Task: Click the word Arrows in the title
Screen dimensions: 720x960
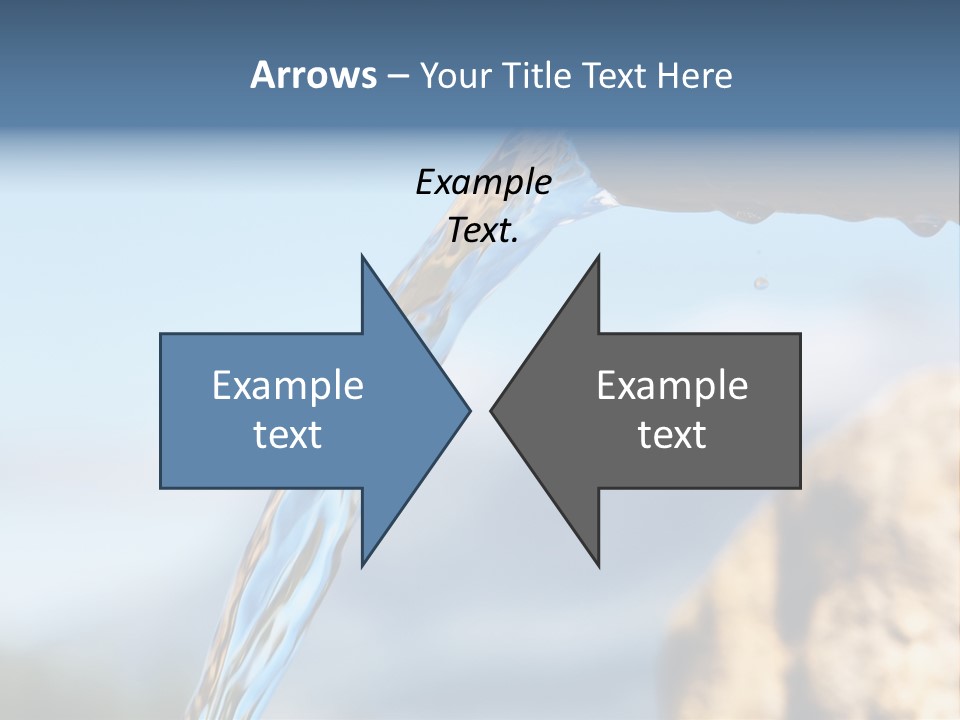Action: (313, 75)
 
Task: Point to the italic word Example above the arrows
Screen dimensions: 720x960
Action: (483, 182)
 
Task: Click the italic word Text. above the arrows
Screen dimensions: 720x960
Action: (483, 231)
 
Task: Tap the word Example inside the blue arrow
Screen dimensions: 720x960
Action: (287, 385)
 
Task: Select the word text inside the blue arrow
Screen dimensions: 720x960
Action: (287, 435)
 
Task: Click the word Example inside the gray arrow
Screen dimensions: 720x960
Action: (672, 385)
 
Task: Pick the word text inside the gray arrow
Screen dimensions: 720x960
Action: (672, 435)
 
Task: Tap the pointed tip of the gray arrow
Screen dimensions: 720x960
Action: (492, 410)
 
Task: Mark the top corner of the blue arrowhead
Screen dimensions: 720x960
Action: (362, 256)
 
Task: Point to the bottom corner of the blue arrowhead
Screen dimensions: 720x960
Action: (362, 565)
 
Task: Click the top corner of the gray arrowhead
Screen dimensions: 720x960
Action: (598, 256)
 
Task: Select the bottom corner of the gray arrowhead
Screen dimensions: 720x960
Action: (598, 565)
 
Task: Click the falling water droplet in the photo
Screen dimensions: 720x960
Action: (761, 283)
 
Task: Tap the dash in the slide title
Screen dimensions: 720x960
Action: (397, 76)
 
